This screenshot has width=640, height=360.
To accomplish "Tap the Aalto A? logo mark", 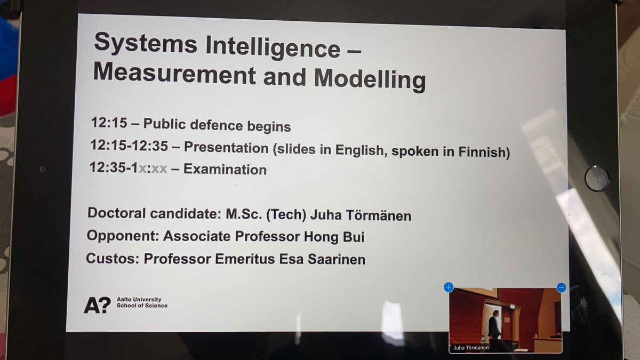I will pos(97,305).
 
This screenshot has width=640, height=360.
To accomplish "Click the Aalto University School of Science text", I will pos(142,303).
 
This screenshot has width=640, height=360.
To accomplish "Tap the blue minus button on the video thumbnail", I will pos(561,287).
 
